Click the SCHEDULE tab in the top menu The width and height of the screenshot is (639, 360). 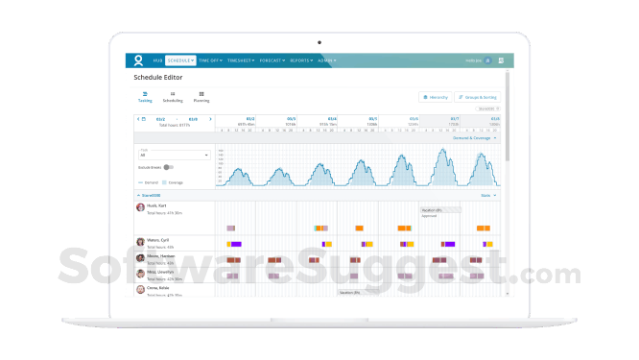click(180, 60)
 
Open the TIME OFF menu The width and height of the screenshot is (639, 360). click(210, 60)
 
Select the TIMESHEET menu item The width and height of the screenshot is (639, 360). click(240, 60)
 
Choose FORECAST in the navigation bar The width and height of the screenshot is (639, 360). click(273, 60)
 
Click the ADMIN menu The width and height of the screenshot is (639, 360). click(331, 60)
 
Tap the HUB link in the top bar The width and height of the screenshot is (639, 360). click(155, 60)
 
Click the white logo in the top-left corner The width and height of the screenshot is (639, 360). click(138, 60)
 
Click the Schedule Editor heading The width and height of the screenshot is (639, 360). click(159, 77)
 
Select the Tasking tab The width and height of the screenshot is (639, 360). click(145, 96)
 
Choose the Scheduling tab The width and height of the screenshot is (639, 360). click(173, 96)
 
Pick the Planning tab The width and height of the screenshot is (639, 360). click(201, 96)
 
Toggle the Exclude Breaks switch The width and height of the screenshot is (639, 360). click(168, 167)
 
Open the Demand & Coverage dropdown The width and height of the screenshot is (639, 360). click(475, 137)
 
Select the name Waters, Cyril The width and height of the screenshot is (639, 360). click(159, 241)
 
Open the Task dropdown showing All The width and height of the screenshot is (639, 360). click(174, 155)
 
